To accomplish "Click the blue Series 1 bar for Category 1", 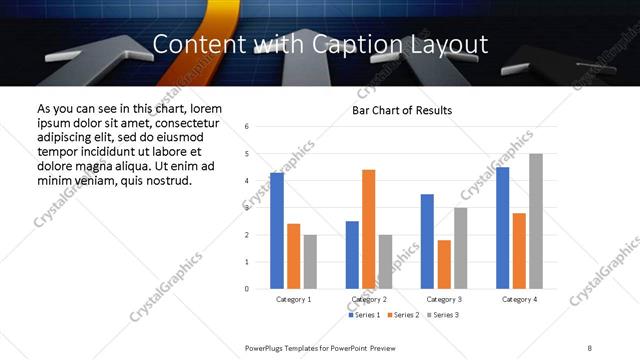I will click(x=277, y=230).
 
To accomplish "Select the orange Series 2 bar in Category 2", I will click(x=368, y=229).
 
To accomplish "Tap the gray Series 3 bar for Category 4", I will click(x=536, y=221).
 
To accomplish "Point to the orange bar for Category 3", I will click(x=444, y=264).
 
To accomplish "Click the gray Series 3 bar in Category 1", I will click(x=310, y=262).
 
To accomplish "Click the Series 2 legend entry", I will click(x=402, y=315).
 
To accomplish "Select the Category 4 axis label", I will click(x=519, y=299).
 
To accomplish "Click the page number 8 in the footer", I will click(x=589, y=346).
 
